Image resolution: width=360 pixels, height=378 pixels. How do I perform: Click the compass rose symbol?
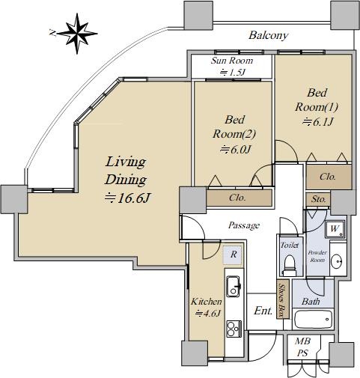77,33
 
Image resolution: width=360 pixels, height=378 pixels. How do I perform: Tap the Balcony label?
268,35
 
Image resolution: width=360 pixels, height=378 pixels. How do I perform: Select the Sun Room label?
232,61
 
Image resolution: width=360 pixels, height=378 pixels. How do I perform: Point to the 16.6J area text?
127,198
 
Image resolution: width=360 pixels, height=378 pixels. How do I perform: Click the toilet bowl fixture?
290,265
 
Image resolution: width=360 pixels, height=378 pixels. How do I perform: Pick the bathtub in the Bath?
314,319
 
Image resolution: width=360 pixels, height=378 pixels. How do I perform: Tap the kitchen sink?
234,286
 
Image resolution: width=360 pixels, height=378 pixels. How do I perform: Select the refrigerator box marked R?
233,254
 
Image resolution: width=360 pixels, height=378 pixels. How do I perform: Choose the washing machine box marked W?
335,229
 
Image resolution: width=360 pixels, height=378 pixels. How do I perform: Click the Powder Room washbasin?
337,261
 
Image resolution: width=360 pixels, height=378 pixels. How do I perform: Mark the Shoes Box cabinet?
283,299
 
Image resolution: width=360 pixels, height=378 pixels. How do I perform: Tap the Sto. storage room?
318,199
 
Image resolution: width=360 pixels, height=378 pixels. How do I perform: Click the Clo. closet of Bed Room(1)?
329,177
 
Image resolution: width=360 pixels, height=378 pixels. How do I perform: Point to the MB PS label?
302,347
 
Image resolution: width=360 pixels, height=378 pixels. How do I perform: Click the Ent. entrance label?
263,311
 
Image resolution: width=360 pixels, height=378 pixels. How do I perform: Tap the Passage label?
244,225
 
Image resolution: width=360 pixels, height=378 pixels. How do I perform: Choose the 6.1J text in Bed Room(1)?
317,122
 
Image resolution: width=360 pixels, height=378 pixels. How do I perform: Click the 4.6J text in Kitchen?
208,313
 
